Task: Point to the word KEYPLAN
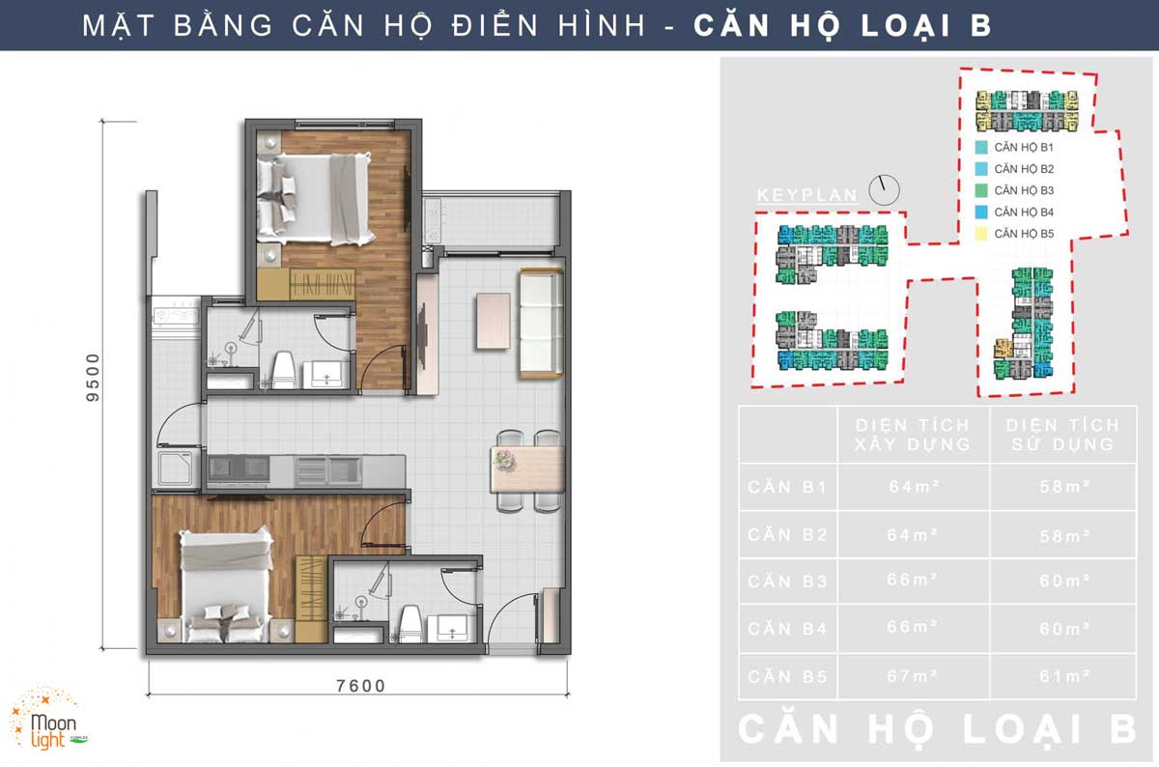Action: (806, 195)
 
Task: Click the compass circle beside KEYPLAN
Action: (883, 190)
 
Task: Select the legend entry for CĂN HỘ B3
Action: (1023, 190)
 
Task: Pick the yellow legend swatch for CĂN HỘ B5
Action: (981, 234)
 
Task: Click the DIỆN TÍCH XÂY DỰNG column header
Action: (913, 435)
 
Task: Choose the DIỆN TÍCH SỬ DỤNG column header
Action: (1062, 435)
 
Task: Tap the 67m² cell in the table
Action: (913, 675)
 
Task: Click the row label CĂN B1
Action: (787, 487)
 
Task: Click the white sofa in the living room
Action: (541, 324)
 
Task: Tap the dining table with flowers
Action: (526, 461)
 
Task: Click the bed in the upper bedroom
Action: (314, 198)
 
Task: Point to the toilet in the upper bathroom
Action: (283, 369)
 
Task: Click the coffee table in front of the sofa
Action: (492, 320)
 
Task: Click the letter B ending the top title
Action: (979, 25)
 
